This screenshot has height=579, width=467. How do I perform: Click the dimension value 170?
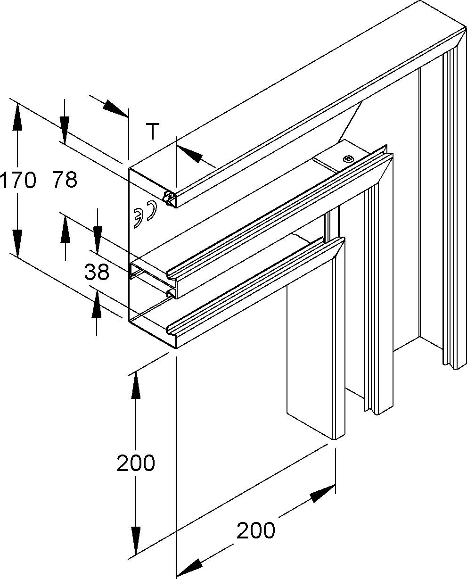tap(18, 180)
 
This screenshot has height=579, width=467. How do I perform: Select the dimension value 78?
tap(65, 180)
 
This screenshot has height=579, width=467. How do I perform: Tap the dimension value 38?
tap(97, 272)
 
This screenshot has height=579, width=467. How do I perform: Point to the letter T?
tap(152, 132)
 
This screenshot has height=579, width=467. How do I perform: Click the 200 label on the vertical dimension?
tap(136, 463)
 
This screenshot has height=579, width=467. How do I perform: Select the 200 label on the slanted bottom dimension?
tap(255, 530)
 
